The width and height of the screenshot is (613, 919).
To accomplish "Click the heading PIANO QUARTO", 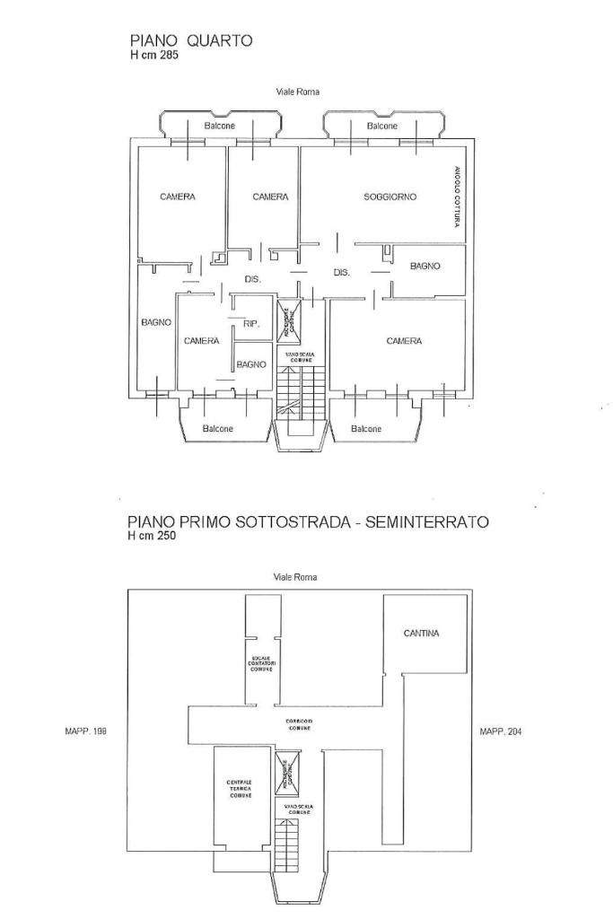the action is (x=191, y=39).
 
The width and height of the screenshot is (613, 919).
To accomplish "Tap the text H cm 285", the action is (x=154, y=55).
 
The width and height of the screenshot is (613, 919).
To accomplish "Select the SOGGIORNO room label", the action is (x=390, y=197).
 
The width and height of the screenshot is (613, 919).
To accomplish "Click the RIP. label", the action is (x=251, y=324).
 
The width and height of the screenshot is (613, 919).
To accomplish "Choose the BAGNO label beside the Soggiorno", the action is (x=425, y=266).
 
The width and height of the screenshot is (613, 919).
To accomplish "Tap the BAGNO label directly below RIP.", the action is (x=251, y=364).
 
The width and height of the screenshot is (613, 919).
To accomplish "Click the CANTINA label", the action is (x=421, y=633).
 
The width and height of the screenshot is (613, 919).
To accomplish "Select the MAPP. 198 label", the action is (x=86, y=731).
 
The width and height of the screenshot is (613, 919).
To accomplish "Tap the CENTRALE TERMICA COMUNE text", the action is (x=240, y=789).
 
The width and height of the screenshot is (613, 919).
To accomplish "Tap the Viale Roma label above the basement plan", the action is (x=294, y=577).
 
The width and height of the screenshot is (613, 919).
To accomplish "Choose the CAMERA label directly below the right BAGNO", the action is (x=404, y=341).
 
